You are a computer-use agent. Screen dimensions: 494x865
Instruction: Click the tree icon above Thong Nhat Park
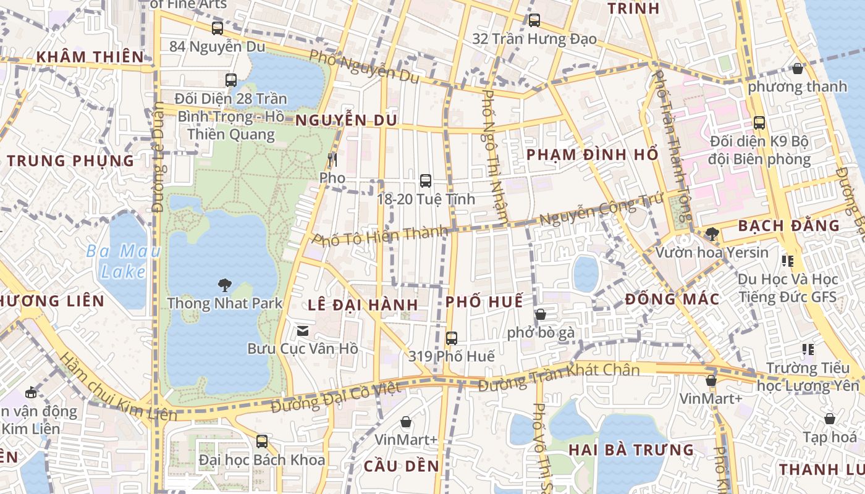click(x=225, y=285)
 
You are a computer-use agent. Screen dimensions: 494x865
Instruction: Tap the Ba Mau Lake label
click(x=124, y=261)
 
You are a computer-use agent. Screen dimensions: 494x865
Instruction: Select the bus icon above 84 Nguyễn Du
click(x=217, y=28)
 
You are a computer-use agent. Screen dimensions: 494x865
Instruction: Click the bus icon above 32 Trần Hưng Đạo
click(x=534, y=20)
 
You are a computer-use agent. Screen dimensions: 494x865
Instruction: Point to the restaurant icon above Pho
click(x=332, y=160)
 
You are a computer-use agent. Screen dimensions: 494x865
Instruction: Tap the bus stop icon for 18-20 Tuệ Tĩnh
click(x=426, y=181)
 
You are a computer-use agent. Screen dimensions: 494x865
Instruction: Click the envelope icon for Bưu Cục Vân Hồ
click(x=303, y=331)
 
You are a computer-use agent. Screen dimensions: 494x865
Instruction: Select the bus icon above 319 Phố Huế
click(x=452, y=338)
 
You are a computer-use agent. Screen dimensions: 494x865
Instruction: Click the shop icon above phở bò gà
click(x=541, y=314)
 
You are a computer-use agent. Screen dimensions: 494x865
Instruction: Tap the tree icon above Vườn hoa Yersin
click(x=712, y=234)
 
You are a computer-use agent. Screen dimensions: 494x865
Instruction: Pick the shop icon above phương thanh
click(x=798, y=69)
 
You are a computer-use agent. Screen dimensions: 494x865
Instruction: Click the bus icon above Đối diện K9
click(x=759, y=123)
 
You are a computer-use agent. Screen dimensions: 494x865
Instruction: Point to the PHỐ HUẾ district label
click(x=484, y=301)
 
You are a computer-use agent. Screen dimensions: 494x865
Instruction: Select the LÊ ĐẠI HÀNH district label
click(x=363, y=305)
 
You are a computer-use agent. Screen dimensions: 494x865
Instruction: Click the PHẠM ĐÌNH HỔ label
click(x=592, y=155)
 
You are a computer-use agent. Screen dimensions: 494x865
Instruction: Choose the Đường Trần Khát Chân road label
click(x=559, y=378)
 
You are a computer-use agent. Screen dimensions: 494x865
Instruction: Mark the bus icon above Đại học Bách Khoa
click(x=262, y=442)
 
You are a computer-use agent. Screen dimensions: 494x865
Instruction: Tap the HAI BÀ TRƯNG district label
click(x=631, y=450)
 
